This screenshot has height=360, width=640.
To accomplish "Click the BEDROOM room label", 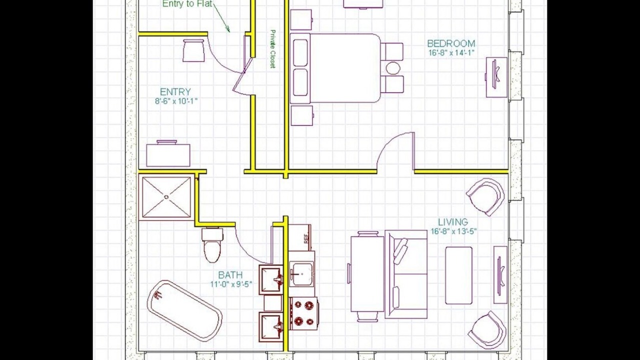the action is pyautogui.click(x=451, y=43).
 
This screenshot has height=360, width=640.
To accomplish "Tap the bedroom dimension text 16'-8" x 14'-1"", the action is pyautogui.click(x=451, y=53).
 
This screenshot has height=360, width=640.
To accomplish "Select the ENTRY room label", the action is pyautogui.click(x=175, y=92).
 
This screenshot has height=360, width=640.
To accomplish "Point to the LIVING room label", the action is pyautogui.click(x=453, y=222).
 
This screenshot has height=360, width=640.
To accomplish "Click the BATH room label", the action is pyautogui.click(x=230, y=275).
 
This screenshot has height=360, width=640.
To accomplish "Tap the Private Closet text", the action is pyautogui.click(x=273, y=49).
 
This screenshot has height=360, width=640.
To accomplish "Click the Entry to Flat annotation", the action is pyautogui.click(x=187, y=4).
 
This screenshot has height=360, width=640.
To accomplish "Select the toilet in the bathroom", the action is pyautogui.click(x=212, y=245).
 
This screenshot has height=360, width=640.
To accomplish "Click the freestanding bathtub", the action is pyautogui.click(x=184, y=311).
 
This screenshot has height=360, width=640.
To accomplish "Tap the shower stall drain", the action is pyautogui.click(x=166, y=196).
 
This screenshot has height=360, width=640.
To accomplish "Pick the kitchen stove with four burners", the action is pyautogui.click(x=303, y=313).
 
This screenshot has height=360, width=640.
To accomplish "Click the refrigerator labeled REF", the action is pyautogui.click(x=299, y=237).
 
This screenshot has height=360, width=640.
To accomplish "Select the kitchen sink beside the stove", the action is pyautogui.click(x=302, y=274).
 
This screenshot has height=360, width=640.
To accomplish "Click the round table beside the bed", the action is pyautogui.click(x=393, y=68).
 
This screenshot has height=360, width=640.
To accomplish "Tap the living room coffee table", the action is pyautogui.click(x=458, y=275).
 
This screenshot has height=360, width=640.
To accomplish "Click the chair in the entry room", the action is pyautogui.click(x=193, y=50).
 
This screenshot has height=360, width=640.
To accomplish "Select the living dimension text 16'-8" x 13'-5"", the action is pyautogui.click(x=453, y=231).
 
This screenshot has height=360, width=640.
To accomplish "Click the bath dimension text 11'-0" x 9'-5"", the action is pyautogui.click(x=231, y=284).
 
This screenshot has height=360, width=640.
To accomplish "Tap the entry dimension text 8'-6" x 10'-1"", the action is pyautogui.click(x=176, y=101).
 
